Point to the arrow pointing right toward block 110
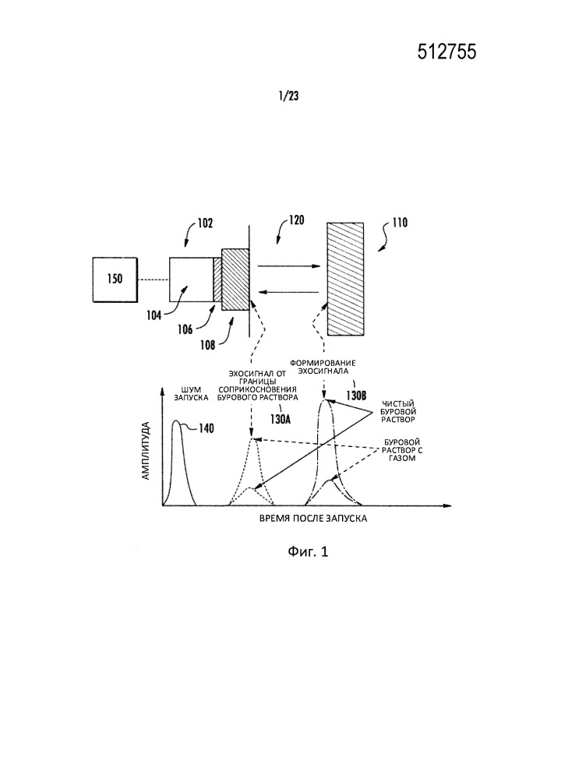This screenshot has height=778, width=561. click(288, 266)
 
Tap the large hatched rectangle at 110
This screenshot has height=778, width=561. click(348, 278)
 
